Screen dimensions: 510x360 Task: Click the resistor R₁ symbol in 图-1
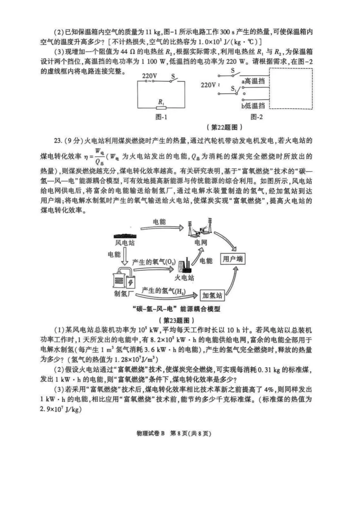(161, 107)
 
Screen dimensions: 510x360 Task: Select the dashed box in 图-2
(291, 88)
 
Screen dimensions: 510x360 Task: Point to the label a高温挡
(254, 81)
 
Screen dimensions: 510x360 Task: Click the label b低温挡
(253, 106)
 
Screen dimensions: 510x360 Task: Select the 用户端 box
(233, 259)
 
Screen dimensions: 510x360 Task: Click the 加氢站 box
(212, 296)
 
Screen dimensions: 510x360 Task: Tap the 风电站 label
(125, 243)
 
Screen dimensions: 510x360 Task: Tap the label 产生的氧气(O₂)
(153, 262)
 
